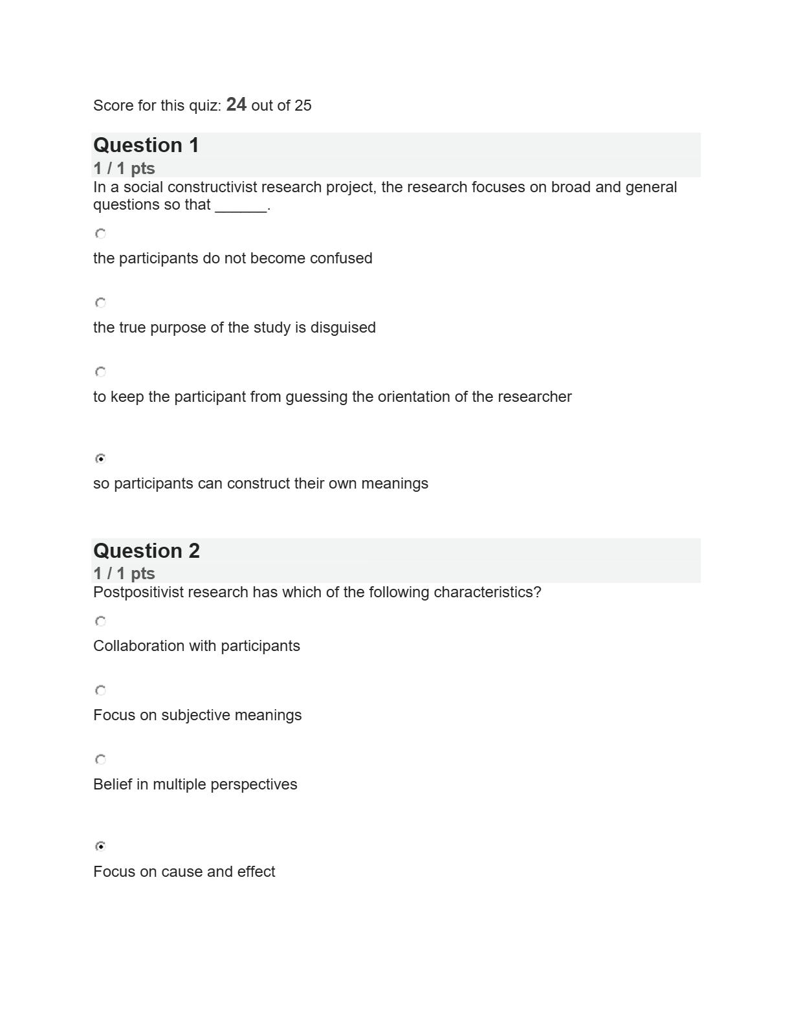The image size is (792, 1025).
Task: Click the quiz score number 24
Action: pos(236,105)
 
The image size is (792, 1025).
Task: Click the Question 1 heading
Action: pos(146,146)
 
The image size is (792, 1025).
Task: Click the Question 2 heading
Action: pos(146,551)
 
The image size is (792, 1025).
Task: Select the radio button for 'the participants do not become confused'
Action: pos(100,234)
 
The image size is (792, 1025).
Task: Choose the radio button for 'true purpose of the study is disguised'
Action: pos(100,303)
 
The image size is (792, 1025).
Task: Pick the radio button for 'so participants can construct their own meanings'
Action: pos(100,459)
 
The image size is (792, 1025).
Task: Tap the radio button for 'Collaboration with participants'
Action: pos(100,621)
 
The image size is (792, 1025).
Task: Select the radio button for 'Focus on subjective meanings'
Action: pos(100,690)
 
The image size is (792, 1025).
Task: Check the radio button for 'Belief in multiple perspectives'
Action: pos(100,760)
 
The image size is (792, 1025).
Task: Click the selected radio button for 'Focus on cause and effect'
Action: pos(100,846)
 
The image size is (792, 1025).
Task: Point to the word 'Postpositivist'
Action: pos(138,593)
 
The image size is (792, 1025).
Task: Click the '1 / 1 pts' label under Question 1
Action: pos(124,169)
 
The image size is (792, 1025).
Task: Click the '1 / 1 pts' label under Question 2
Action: pos(124,574)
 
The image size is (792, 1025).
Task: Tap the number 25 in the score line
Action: pos(303,105)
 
